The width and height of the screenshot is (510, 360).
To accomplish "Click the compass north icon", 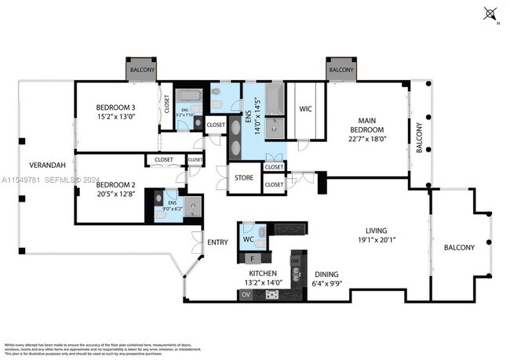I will (491, 13).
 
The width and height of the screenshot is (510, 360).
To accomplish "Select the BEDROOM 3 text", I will (116, 107).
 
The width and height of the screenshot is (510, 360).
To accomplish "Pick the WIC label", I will (305, 109).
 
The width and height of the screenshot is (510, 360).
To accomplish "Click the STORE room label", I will (244, 178).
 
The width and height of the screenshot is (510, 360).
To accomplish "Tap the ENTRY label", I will (216, 242).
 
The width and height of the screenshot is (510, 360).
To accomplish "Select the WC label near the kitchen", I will (247, 239).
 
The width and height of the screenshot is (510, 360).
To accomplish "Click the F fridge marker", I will (251, 257).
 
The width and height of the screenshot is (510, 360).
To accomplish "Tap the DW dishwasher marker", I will (295, 261).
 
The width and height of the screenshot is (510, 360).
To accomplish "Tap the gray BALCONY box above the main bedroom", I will (341, 70).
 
